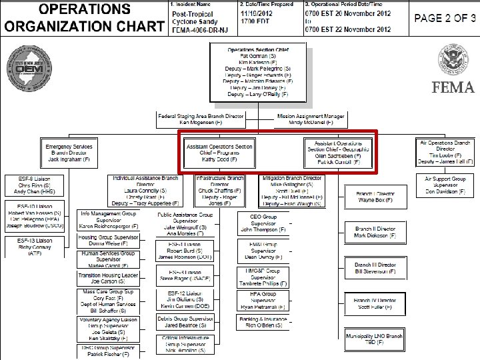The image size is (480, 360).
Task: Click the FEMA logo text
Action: [453, 88]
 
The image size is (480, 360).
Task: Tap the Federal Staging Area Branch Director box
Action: [201, 119]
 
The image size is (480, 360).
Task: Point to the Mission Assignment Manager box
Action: [311, 119]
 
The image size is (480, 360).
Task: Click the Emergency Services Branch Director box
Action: [69, 153]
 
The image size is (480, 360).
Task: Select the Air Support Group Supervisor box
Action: [445, 186]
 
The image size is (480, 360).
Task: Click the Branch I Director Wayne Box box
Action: [375, 196]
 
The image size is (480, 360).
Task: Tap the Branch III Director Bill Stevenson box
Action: [375, 269]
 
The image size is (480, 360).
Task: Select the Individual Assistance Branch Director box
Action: [145, 192]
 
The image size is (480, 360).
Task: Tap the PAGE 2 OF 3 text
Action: [441, 18]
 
